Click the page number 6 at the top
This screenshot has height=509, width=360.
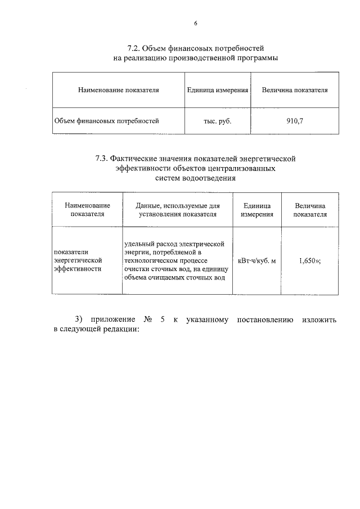(x=196, y=23)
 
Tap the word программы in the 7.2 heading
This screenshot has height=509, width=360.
(x=258, y=58)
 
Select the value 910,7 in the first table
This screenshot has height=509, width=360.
(x=295, y=120)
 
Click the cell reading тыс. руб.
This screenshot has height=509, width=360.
(x=217, y=120)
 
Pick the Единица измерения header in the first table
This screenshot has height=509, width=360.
(x=217, y=89)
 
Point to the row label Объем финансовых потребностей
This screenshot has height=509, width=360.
(x=107, y=120)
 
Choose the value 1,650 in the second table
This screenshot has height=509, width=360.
(x=308, y=260)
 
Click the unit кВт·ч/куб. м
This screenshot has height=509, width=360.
(x=257, y=260)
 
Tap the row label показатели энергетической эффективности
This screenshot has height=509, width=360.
(x=78, y=260)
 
